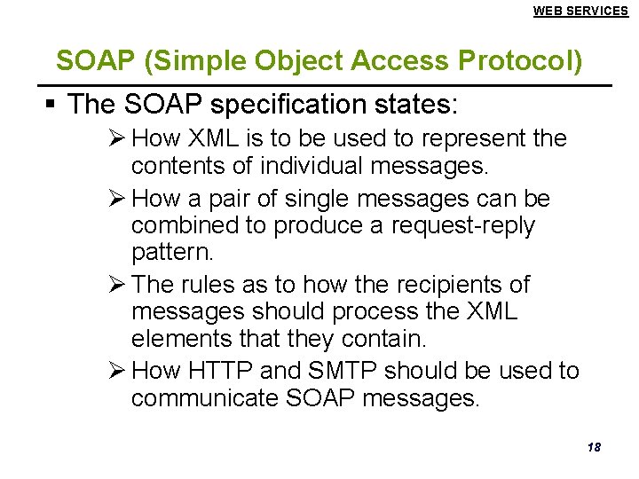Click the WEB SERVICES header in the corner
[580, 11]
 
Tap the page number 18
[594, 447]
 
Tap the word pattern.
[172, 254]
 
